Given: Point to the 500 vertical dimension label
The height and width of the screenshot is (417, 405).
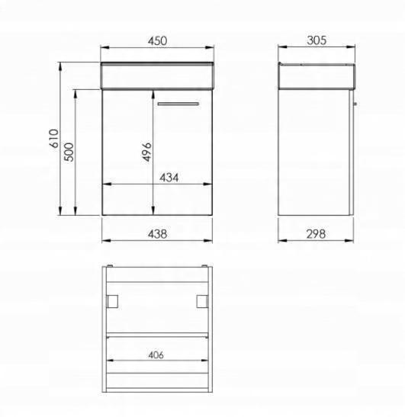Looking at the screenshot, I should (69, 154).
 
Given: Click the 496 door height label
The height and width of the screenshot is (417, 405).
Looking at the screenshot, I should (148, 152).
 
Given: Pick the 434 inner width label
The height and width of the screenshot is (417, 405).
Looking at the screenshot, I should (169, 178).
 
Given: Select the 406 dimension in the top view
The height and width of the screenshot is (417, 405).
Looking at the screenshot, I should (157, 354).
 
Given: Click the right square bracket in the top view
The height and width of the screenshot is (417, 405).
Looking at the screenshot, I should (202, 300).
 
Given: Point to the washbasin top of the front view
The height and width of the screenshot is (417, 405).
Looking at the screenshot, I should (157, 77).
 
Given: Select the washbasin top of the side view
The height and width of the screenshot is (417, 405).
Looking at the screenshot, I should (317, 77).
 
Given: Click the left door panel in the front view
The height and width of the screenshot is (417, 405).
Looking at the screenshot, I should (128, 152).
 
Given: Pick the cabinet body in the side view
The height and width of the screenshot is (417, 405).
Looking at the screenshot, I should (314, 152).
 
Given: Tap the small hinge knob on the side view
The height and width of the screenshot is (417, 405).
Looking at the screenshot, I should (355, 102).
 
